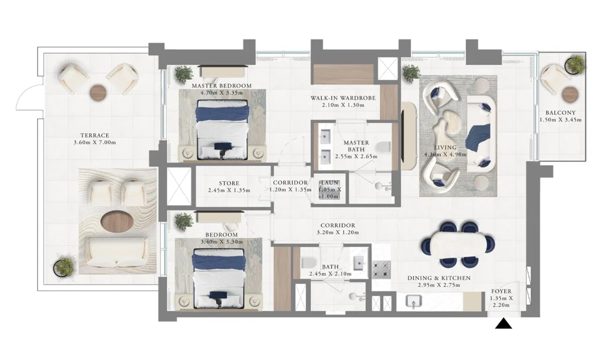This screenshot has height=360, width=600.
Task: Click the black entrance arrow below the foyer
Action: [x=503, y=323]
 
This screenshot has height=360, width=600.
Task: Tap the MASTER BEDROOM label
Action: [x=222, y=86]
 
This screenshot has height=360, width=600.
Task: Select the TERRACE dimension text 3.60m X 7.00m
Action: [x=95, y=142]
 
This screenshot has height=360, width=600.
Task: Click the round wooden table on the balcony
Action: [x=570, y=94]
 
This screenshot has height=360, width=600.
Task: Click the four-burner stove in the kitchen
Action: [x=381, y=270]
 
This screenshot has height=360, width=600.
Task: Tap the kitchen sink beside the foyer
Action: [x=413, y=300]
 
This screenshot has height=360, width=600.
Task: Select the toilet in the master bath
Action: [x=383, y=147]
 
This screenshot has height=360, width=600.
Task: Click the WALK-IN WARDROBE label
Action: [x=343, y=98]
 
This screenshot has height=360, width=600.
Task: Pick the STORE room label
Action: [x=229, y=183]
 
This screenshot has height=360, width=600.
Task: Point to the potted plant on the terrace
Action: [x=64, y=266]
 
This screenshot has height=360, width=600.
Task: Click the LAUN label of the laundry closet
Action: [x=330, y=183]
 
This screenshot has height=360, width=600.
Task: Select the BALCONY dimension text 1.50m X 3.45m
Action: [x=560, y=120]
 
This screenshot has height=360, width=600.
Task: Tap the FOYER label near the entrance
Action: [x=501, y=291]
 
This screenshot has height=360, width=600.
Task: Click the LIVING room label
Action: [x=445, y=148]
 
